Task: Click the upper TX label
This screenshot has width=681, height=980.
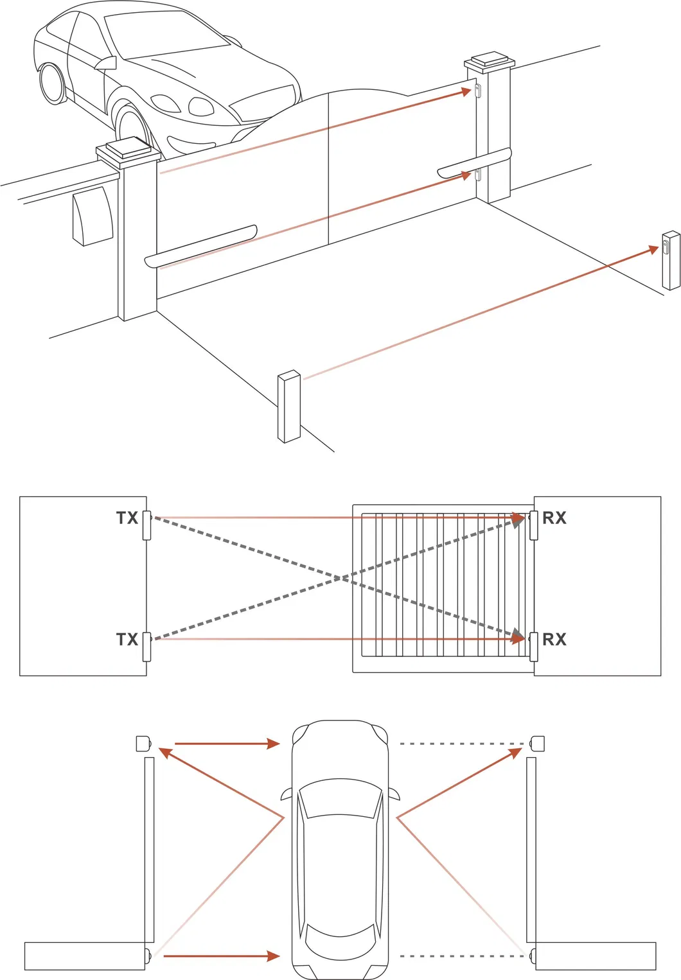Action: (127, 518)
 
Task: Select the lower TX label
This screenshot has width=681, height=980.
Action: (127, 640)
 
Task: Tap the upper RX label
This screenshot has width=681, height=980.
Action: (554, 518)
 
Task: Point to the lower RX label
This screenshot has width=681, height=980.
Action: (554, 640)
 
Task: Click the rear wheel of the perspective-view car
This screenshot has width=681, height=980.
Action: (52, 83)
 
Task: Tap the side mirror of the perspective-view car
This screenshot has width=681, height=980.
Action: (107, 63)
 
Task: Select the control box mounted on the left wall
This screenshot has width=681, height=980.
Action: (92, 216)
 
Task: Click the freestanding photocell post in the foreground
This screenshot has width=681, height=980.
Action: (289, 407)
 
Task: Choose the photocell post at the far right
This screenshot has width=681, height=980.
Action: (671, 261)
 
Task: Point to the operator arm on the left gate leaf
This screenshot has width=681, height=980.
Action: (201, 246)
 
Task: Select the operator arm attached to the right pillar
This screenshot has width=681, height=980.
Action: (475, 163)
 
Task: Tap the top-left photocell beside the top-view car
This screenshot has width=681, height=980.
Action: (143, 744)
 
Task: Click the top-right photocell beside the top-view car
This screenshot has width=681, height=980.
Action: (537, 744)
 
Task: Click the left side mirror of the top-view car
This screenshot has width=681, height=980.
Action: (287, 794)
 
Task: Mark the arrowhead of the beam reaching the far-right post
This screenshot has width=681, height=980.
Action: (653, 250)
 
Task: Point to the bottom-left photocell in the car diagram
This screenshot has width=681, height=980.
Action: (148, 956)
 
